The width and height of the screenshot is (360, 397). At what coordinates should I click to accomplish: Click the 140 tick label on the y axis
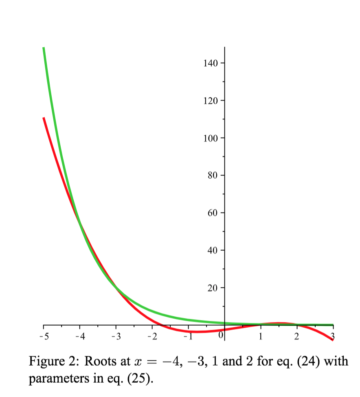tap(210, 63)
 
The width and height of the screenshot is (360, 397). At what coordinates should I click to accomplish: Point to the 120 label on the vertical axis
tap(210, 101)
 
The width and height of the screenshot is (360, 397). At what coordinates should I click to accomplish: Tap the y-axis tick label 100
tap(210, 138)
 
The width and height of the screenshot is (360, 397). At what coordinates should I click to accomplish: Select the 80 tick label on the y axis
tap(212, 176)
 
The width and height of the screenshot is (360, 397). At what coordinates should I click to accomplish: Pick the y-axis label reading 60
tap(212, 213)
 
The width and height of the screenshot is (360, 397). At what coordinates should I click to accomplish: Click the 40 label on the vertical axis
tap(212, 250)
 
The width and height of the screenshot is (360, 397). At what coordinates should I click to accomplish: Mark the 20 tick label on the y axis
tap(212, 288)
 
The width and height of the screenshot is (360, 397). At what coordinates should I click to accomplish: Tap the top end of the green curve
tap(43, 48)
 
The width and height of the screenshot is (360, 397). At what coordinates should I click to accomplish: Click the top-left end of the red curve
tap(43, 118)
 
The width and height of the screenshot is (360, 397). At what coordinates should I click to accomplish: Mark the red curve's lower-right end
tap(333, 340)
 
